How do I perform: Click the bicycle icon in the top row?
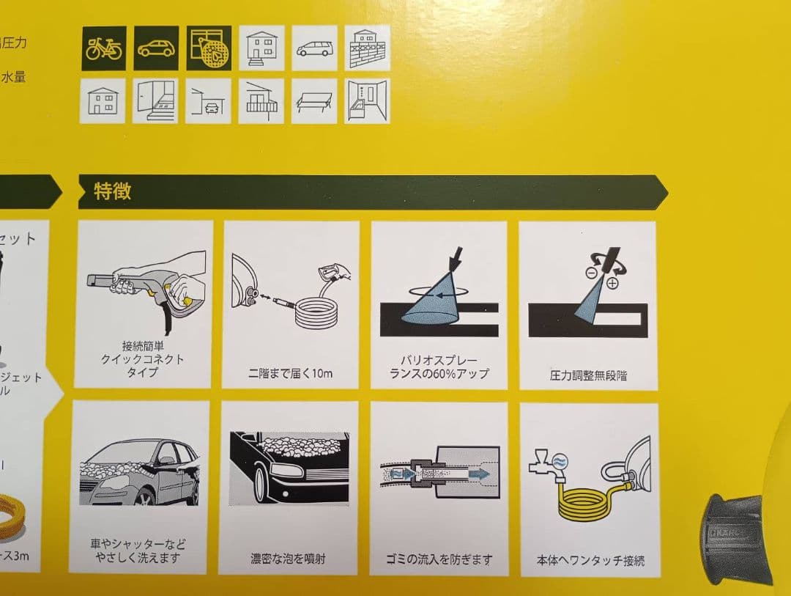point(103,48)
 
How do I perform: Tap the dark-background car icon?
point(156,48)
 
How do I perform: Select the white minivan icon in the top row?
point(314,48)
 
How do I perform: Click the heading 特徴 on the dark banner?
point(112,192)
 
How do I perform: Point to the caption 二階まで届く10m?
point(291,374)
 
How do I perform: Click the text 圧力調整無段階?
point(588,376)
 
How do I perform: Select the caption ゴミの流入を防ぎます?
point(439,559)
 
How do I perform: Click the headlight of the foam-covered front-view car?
point(286,470)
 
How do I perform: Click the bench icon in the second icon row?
point(314,102)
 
